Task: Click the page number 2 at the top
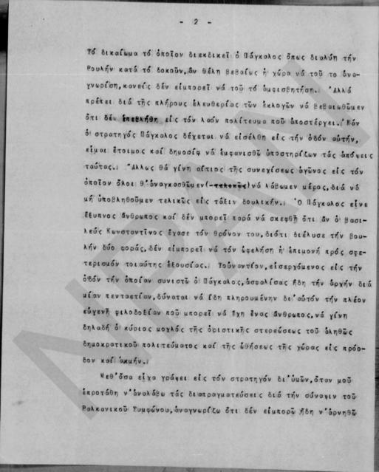tap(196, 21)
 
